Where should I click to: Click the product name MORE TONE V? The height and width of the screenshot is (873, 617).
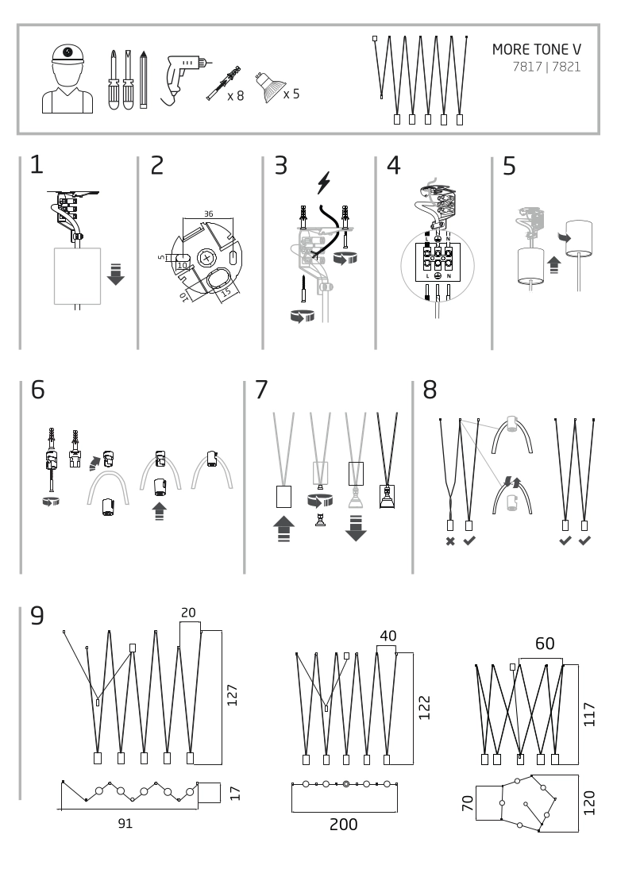pos(536,49)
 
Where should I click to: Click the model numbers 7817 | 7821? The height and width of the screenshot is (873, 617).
pos(546,67)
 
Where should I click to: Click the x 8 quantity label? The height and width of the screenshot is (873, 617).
pos(235,96)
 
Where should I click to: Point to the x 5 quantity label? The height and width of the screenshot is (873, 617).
pos(291,93)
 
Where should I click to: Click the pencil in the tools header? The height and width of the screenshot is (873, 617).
pos(143,80)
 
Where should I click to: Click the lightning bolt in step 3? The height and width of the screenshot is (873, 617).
pos(323,183)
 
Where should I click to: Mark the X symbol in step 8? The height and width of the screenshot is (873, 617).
pos(450,541)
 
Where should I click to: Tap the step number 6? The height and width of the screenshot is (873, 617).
pos(38,390)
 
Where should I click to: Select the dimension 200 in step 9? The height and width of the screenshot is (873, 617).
pos(343,825)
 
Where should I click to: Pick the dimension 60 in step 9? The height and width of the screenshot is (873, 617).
pos(545,643)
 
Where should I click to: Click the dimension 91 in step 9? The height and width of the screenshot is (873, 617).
pos(125,823)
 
